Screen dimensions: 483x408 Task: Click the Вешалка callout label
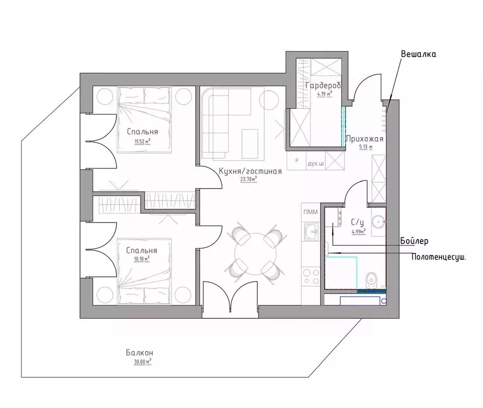point(418,54)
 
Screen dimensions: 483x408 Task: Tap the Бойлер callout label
point(414,241)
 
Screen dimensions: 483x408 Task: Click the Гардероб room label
point(323,86)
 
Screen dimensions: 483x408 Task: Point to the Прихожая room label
point(365,139)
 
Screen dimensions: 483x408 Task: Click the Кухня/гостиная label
point(250,171)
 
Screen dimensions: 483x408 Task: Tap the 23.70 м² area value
point(248,179)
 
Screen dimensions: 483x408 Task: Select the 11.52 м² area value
point(142,142)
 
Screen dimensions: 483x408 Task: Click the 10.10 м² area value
point(142,259)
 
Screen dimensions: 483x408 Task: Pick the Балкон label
point(140,353)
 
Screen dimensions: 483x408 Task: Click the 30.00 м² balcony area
point(143,361)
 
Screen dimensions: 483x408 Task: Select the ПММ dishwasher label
point(310,212)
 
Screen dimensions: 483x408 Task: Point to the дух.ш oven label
point(316,164)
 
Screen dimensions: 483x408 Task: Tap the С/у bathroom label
point(357,222)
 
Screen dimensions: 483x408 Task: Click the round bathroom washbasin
point(378,222)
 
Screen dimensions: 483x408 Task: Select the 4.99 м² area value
point(359,231)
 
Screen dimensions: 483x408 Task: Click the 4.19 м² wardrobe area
point(325,93)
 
